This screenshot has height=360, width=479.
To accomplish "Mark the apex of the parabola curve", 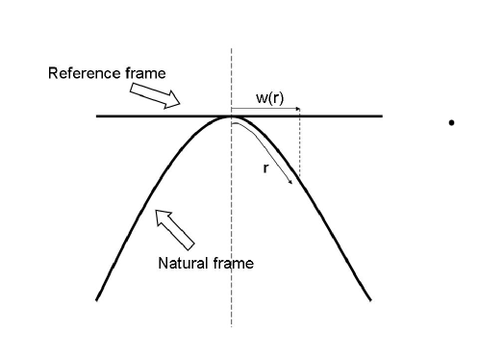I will click(231, 117).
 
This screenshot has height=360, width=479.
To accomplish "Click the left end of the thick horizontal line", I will click(97, 116).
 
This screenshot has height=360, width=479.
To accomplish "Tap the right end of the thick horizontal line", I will click(382, 116).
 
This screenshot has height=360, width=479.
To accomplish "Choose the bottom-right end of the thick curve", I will click(370, 300).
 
